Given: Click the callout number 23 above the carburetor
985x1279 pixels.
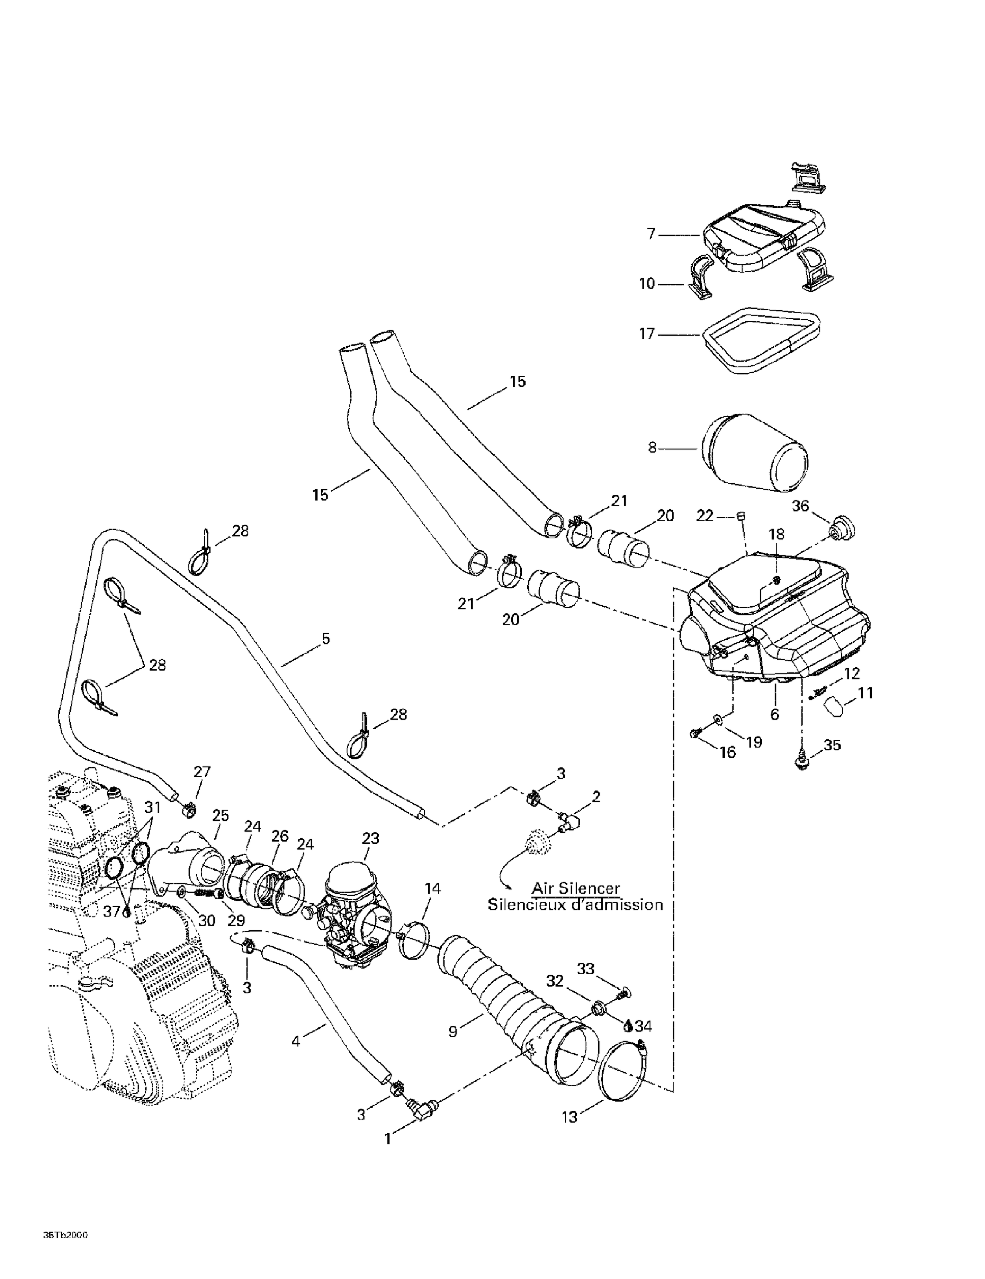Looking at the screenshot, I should (370, 838).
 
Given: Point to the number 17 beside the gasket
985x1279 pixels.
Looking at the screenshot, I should (647, 334).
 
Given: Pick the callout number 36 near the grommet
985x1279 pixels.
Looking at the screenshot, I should (800, 505).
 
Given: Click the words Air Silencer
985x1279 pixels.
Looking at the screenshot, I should (575, 888).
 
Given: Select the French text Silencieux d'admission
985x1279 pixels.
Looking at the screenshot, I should (575, 905).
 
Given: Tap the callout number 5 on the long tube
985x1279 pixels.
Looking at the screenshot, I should (326, 638).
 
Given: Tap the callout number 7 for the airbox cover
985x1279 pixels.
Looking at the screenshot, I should (650, 234).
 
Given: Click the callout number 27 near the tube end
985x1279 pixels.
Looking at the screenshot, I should (202, 772).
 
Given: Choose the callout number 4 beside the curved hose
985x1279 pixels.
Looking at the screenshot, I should (296, 1041).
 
